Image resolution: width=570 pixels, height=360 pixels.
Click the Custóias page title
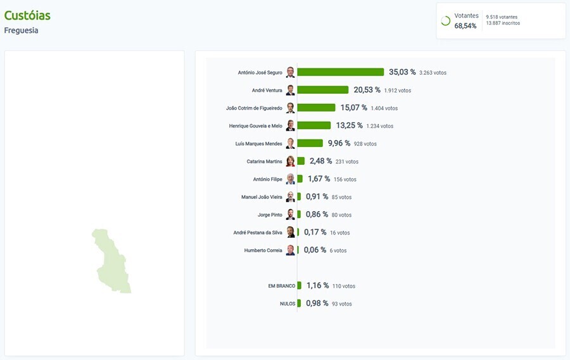pos(27,15)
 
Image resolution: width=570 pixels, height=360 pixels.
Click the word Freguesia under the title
pos(21,30)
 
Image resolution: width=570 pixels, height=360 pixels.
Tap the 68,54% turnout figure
pos(465,26)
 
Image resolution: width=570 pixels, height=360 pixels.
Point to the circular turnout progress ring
pos(445,21)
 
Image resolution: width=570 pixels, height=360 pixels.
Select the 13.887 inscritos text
pos(503,23)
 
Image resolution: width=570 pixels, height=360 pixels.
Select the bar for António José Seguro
pos(340,72)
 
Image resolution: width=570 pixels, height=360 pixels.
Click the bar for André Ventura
pos(322,90)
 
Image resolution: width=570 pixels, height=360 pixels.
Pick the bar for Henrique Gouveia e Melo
pos(313,125)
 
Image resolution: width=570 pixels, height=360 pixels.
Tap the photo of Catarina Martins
pos(290,161)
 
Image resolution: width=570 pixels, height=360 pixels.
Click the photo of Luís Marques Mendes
pos(290,143)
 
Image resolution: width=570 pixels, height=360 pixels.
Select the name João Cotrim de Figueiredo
pos(254,108)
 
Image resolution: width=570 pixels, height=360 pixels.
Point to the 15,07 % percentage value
pos(353,108)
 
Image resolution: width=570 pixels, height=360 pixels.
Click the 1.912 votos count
pos(397,91)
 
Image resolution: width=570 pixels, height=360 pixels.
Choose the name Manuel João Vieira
pos(262,197)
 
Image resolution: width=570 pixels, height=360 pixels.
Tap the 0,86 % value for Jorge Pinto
pos(317,214)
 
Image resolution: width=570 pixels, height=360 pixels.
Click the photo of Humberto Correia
pos(290,250)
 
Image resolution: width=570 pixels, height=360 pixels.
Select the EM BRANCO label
pos(282,286)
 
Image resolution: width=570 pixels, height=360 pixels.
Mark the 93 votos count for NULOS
pos(341,304)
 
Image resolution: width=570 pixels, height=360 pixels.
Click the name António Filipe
pos(267,179)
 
